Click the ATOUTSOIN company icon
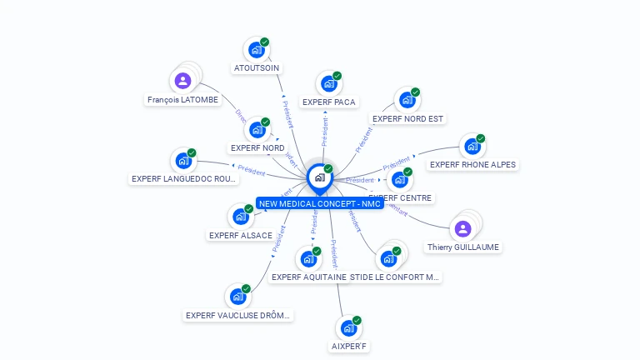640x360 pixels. coord(256,50)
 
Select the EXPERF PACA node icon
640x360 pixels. coord(328,84)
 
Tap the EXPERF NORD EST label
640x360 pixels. coord(407,119)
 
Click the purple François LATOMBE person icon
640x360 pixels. coord(182,81)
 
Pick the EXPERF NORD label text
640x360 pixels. coord(257,148)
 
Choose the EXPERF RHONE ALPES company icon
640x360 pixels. coord(472,147)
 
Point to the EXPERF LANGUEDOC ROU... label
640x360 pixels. coord(184,179)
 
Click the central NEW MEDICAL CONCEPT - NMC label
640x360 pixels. coord(320,203)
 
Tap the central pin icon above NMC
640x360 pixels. coord(319,177)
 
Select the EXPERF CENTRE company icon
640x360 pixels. coord(400,179)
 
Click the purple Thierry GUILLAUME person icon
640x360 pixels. coord(463,228)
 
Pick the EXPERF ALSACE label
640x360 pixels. coord(241,235)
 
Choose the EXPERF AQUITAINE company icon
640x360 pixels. coord(309,258)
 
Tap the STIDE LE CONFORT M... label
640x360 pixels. coord(394,277)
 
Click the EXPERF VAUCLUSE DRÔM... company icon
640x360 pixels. coord(238,296)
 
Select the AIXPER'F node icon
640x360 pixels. coord(348,328)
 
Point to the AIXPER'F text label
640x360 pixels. coord(348,347)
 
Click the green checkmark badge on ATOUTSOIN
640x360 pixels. coord(264,42)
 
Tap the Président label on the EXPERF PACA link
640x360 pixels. coord(325,132)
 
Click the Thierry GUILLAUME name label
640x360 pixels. coord(463,247)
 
